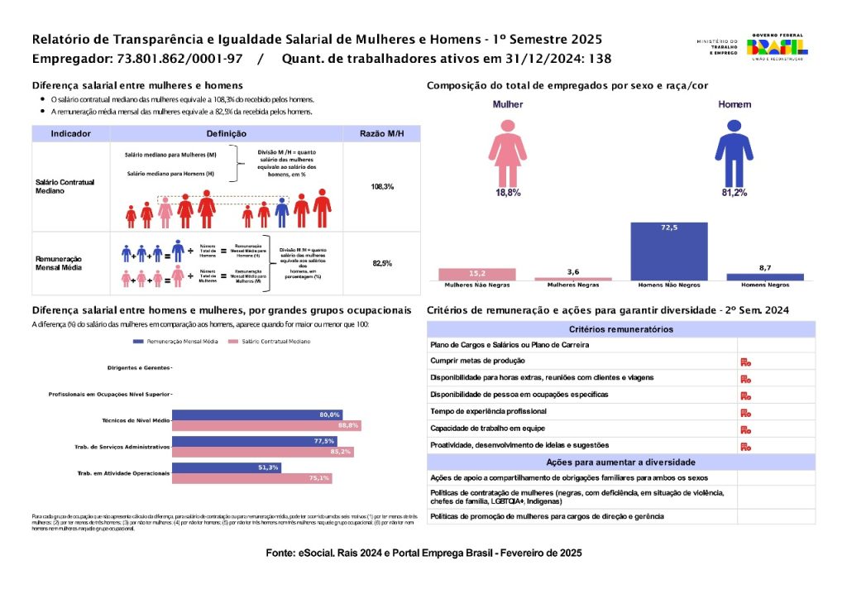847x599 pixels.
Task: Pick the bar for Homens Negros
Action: pyautogui.click(x=764, y=277)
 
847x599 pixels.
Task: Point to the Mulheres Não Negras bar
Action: pyautogui.click(x=477, y=274)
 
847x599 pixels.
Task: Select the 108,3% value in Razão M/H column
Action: pyautogui.click(x=382, y=187)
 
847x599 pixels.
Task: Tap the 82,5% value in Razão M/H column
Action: pyautogui.click(x=382, y=263)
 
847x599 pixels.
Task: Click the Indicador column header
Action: pyautogui.click(x=70, y=133)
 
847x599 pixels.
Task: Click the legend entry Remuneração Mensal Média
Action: pyautogui.click(x=174, y=341)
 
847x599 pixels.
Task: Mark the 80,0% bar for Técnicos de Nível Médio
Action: pyautogui.click(x=256, y=415)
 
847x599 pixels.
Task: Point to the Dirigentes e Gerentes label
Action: pyautogui.click(x=139, y=367)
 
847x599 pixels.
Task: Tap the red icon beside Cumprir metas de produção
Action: pyautogui.click(x=745, y=361)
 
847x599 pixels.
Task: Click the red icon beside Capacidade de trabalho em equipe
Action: pyautogui.click(x=745, y=429)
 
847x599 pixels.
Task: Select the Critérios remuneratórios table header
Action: pyautogui.click(x=620, y=329)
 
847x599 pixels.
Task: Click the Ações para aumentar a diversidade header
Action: pyautogui.click(x=620, y=462)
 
